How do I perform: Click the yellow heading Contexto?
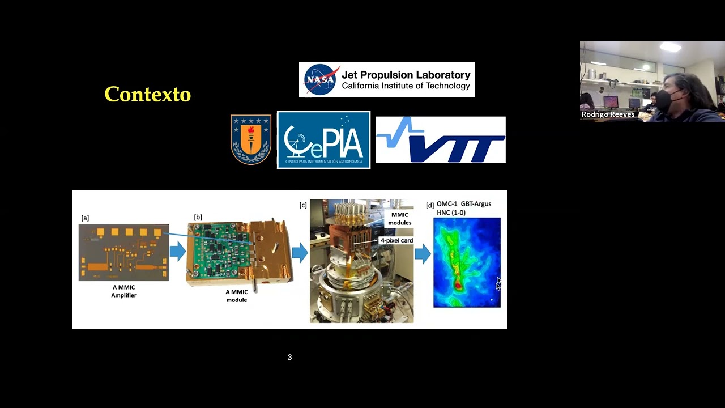pos(147,94)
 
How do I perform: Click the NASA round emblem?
pos(321,80)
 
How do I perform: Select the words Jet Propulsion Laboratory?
pos(406,75)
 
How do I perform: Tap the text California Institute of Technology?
pos(406,86)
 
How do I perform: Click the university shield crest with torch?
pos(250,139)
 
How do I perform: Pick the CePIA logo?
pos(323,139)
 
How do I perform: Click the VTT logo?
pos(441,140)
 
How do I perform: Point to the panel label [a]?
pos(85,218)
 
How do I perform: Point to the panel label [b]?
pos(198,217)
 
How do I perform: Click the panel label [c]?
pos(303,205)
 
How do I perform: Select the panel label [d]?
pos(430,205)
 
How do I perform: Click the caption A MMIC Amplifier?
pos(123,291)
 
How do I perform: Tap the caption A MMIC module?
pos(236,296)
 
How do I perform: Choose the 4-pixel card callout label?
pos(396,240)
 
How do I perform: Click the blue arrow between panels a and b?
pos(177,252)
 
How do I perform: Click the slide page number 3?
pos(289,357)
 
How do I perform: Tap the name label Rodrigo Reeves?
pos(608,114)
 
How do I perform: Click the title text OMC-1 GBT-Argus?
pos(464,203)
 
